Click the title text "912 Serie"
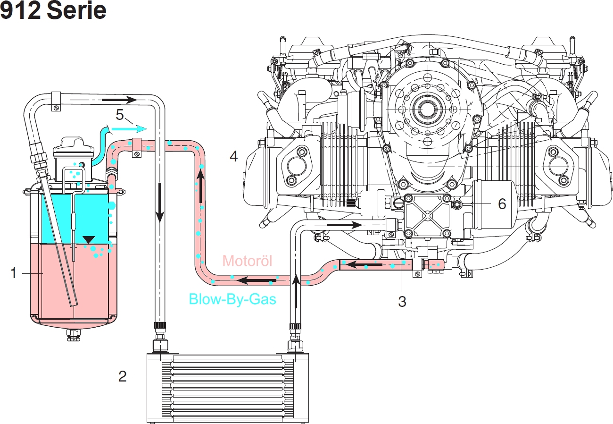(x=53, y=11)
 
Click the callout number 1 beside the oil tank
(x=14, y=273)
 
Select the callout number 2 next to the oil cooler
(x=122, y=376)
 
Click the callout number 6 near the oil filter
(x=501, y=204)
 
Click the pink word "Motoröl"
(x=247, y=261)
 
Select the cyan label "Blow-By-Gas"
(x=232, y=299)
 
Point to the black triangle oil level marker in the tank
(x=88, y=240)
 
